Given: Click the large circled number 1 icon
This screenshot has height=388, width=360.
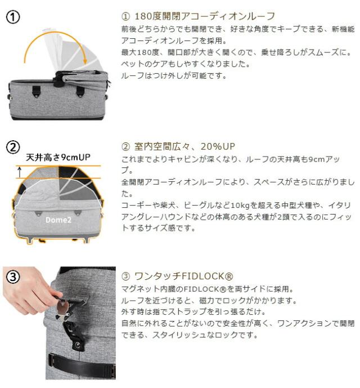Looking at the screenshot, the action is [12, 17].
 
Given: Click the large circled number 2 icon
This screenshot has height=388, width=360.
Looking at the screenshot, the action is [12, 148].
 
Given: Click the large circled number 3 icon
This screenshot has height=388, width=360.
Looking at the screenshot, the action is [12, 277].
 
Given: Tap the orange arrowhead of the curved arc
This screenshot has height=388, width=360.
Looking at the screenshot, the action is [85, 60].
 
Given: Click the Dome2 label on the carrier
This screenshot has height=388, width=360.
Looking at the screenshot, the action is [58, 220].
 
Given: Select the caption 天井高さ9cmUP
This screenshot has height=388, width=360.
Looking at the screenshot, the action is [58, 157].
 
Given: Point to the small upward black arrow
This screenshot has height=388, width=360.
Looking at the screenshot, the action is [20, 172].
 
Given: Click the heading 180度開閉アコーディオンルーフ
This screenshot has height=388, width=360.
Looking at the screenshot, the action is [204, 16].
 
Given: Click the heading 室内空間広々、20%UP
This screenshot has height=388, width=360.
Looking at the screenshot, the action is [184, 146].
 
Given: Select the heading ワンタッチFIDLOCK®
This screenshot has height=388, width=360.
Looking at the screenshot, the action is [183, 276].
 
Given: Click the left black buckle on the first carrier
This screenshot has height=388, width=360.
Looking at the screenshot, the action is [37, 91].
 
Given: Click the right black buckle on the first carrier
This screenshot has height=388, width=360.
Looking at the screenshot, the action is [80, 91].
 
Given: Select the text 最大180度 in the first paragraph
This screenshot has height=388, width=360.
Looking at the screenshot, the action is [140, 52].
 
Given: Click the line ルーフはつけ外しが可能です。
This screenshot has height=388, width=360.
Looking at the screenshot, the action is [174, 75].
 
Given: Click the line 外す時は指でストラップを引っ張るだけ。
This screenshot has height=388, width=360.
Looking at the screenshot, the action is [193, 311].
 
